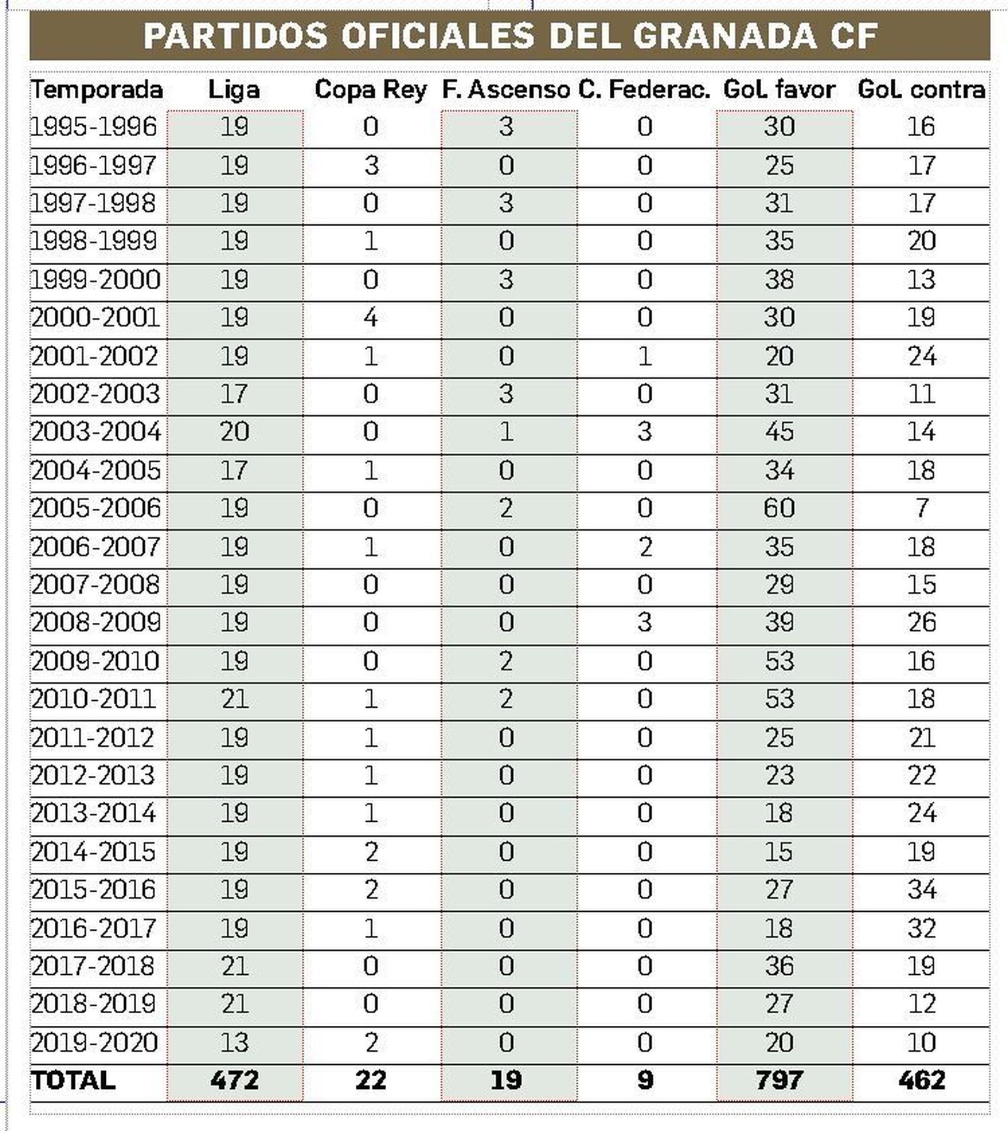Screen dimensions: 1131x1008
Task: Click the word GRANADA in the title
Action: click(x=724, y=35)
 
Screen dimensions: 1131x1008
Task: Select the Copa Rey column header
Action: click(x=370, y=89)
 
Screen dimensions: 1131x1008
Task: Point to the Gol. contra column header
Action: click(x=921, y=89)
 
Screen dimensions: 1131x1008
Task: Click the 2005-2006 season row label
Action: click(x=96, y=508)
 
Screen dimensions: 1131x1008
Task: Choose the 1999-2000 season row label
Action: click(x=96, y=280)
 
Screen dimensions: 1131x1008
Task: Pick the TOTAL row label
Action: click(x=73, y=1080)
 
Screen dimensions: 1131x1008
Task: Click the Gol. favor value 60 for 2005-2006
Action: click(x=779, y=508)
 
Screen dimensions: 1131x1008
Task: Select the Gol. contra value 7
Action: click(x=922, y=508)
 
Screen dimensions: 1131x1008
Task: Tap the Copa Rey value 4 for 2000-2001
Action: click(x=370, y=317)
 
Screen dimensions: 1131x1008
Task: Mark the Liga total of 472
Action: click(x=234, y=1080)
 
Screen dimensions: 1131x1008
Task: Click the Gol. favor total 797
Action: click(x=779, y=1080)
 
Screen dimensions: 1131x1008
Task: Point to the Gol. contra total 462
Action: click(x=922, y=1080)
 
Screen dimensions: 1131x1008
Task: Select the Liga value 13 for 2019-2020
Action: click(x=234, y=1042)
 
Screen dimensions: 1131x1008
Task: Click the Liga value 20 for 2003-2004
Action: click(x=234, y=432)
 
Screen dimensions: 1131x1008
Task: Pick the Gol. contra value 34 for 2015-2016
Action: click(x=922, y=890)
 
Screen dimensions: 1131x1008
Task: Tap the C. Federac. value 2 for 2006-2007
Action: click(x=644, y=547)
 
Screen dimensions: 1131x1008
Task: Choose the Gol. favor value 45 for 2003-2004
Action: click(x=779, y=432)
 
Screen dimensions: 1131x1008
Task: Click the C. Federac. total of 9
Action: click(x=644, y=1080)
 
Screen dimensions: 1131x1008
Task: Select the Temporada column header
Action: click(x=97, y=89)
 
